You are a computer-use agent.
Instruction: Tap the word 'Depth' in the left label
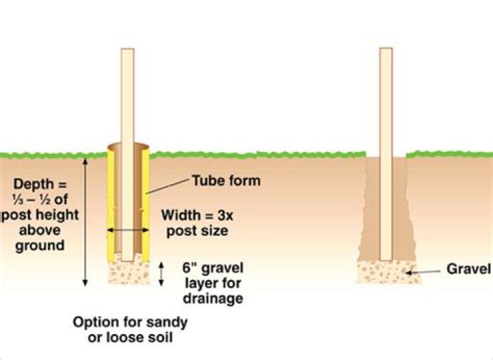click(33, 187)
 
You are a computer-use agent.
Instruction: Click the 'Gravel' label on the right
click(470, 269)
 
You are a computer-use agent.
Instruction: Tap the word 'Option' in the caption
click(96, 322)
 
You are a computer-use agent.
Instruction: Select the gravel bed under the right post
click(386, 272)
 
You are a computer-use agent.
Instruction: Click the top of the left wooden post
click(127, 52)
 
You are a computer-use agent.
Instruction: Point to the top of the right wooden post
click(386, 51)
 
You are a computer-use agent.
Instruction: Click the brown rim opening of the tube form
click(127, 147)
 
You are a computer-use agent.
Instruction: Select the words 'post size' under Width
click(195, 231)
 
